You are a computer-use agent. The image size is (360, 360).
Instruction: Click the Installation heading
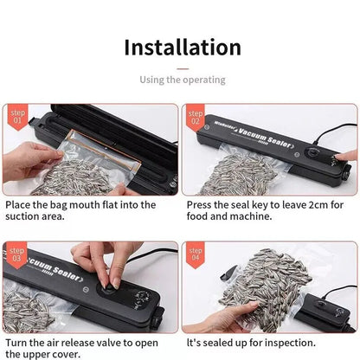182,47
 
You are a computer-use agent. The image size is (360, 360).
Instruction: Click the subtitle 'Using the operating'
182,80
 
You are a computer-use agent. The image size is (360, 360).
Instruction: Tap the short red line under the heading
182,66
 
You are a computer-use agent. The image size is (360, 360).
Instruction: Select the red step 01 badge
17,115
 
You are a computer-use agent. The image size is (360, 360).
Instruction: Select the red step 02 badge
196,115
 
